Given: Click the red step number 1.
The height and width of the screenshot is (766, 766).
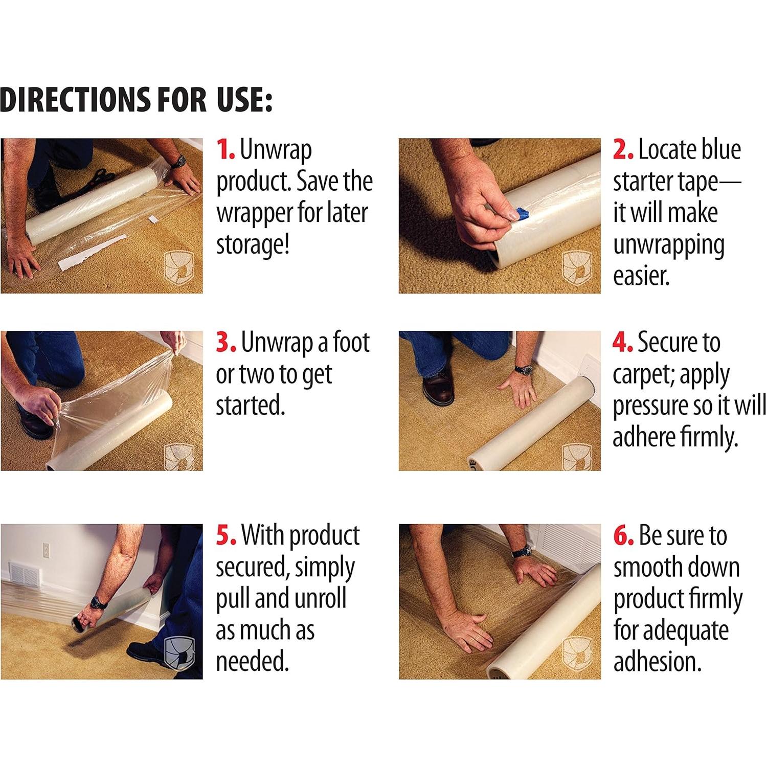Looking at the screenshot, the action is tap(226, 149).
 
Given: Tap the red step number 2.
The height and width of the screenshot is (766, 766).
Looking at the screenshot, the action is tap(623, 149).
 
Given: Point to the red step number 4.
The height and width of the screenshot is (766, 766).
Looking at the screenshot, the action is tap(623, 342).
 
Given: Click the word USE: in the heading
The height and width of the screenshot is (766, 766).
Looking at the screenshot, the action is tap(245, 99).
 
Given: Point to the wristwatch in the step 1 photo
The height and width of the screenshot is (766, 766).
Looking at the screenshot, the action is tap(177, 162).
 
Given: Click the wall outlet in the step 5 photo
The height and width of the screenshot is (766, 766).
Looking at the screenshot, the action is tap(46, 550).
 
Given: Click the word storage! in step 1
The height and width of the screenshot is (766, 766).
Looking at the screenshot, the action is tap(253, 245).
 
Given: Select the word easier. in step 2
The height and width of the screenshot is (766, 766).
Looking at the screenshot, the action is tap(641, 277).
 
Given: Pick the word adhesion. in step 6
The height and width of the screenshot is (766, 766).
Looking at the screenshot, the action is tap(657, 662).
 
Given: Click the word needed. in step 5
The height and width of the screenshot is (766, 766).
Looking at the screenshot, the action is tap(252, 662).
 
